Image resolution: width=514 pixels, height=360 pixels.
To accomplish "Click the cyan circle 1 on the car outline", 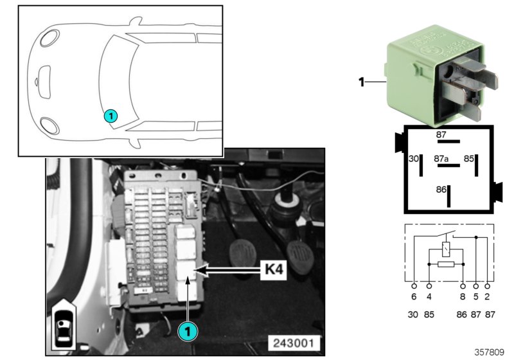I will click(110, 116).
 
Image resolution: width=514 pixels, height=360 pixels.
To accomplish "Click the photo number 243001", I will click(295, 341).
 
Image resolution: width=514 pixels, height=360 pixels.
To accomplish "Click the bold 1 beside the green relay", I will click(362, 82).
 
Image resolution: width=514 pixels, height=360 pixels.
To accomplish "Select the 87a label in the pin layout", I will click(441, 158).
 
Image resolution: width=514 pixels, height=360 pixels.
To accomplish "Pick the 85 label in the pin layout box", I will click(469, 158).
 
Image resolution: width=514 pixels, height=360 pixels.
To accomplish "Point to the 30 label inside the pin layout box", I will click(413, 158).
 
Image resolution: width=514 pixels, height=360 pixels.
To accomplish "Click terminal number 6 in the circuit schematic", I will click(414, 298).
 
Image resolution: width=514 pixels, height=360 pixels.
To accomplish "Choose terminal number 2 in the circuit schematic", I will click(489, 298).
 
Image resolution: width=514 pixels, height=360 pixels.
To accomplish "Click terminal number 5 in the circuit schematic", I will click(476, 298).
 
